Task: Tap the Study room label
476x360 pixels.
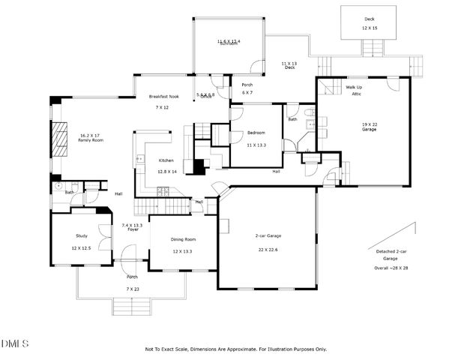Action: tap(81, 235)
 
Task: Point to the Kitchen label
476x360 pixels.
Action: tap(166, 160)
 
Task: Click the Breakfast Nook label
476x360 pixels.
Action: tap(163, 97)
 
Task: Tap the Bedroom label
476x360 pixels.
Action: tap(257, 133)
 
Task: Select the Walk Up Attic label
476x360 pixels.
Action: tap(354, 90)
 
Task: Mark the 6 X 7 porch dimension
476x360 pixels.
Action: tap(247, 92)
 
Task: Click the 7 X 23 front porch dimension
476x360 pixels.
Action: tap(132, 288)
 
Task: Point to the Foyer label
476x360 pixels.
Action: tap(132, 229)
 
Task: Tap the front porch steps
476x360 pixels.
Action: tap(132, 306)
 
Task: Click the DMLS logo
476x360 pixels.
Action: tap(15, 343)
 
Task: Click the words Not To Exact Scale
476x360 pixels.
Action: tap(172, 349)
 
